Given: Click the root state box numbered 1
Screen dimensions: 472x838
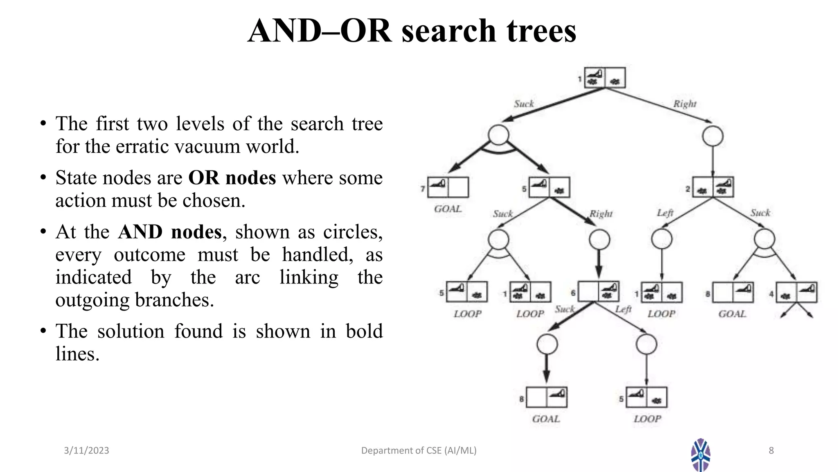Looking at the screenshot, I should point(604,77).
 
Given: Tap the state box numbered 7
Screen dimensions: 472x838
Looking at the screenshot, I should point(448,187).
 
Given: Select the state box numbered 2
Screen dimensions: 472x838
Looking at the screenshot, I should point(713,187).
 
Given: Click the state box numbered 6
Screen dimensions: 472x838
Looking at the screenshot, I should point(598,292).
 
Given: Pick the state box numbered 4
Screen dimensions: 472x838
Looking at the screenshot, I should point(796,293).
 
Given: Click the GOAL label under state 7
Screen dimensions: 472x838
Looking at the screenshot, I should point(448,209).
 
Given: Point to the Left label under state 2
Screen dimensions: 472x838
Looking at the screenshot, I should point(665,213).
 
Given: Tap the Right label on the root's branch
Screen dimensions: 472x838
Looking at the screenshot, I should point(685,104).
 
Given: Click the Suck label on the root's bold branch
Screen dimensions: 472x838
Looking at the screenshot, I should point(524,104).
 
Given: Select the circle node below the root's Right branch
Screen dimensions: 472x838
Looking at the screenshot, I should point(713,136).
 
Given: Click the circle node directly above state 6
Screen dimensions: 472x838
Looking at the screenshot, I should point(599,240).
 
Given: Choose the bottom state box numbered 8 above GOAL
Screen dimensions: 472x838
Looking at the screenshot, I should point(546,397).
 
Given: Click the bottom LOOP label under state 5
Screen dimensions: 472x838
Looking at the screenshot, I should point(647,419).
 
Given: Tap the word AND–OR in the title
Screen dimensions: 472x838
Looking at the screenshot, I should point(320,31).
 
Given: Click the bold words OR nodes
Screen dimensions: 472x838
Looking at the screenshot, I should point(232,178).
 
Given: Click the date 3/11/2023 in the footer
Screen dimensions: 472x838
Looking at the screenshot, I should point(86,451).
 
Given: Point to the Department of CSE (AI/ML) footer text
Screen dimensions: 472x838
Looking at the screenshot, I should point(419,451).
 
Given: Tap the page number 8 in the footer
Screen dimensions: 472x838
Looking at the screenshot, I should point(771,451).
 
